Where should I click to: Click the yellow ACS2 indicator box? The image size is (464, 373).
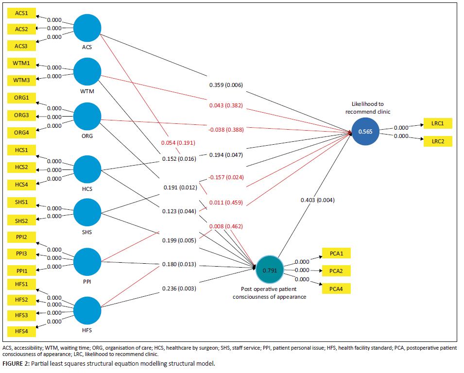pyautogui.click(x=21, y=29)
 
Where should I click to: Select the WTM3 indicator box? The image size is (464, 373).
pyautogui.click(x=21, y=80)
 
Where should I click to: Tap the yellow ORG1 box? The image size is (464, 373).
pyautogui.click(x=21, y=98)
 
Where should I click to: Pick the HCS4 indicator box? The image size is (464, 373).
pyautogui.click(x=21, y=185)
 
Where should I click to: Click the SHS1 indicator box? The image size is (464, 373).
pyautogui.click(x=21, y=201)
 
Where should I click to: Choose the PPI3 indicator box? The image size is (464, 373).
pyautogui.click(x=21, y=254)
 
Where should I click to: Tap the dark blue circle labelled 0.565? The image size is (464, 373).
pyautogui.click(x=365, y=131)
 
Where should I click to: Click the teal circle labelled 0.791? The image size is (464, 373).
pyautogui.click(x=270, y=270)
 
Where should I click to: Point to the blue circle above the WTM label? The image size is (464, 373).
pyautogui.click(x=87, y=71)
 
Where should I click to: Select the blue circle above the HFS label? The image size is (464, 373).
pyautogui.click(x=87, y=310)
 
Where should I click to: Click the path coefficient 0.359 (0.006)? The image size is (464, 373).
pyautogui.click(x=226, y=85)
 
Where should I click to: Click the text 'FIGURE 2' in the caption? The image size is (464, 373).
pyautogui.click(x=15, y=363)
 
